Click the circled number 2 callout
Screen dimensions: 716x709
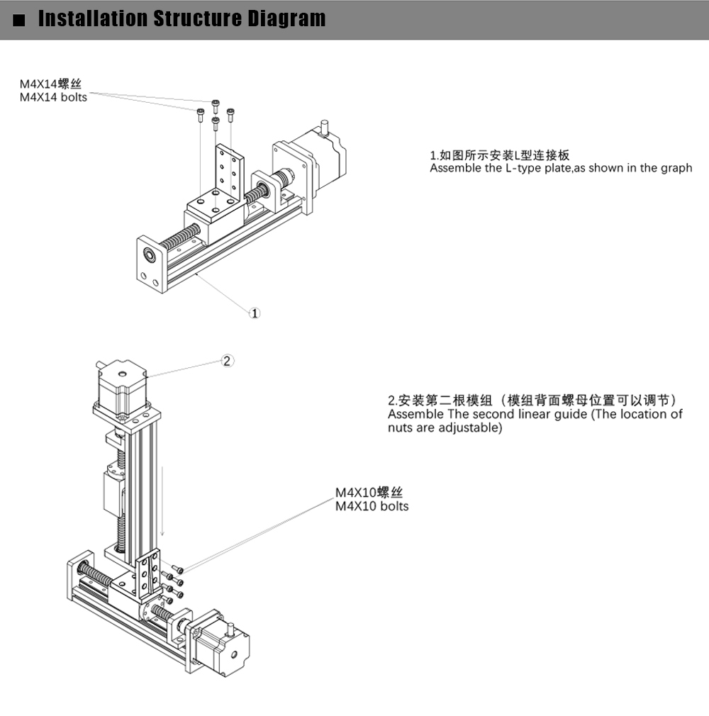227,362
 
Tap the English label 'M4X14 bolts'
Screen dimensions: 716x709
53,97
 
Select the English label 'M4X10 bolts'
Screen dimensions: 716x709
372,506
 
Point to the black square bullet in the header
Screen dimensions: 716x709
19,20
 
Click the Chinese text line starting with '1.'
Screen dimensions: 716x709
500,155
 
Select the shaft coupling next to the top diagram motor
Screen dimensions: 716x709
284,177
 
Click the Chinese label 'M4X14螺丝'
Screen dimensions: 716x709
50,85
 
